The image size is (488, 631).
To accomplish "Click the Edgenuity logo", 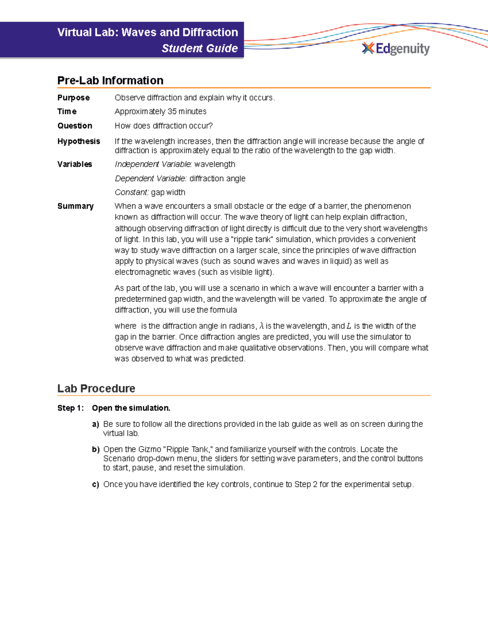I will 395,49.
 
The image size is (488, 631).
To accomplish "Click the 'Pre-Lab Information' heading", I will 110,80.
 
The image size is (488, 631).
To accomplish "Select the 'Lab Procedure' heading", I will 96,388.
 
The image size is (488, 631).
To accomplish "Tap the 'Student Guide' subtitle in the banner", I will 199,48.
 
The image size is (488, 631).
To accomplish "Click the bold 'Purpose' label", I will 73,98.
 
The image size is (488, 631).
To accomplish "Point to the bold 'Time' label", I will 67,111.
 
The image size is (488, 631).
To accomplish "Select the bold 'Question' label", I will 74,126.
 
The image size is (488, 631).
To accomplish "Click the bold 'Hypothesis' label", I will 78,141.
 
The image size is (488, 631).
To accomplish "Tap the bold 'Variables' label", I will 74,164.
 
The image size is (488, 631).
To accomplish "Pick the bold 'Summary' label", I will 75,206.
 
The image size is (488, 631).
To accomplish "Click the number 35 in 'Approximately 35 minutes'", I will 172,111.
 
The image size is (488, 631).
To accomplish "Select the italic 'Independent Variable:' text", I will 153,164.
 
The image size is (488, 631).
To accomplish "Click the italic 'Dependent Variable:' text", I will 151,179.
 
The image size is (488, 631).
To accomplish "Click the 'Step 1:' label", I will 70,408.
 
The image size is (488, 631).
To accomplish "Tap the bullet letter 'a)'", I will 96,424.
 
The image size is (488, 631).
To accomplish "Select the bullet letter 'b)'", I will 96,449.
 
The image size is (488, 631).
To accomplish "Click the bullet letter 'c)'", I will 96,484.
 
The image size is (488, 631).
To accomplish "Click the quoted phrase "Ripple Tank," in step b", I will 187,449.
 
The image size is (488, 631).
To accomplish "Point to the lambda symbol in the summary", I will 261,326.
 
